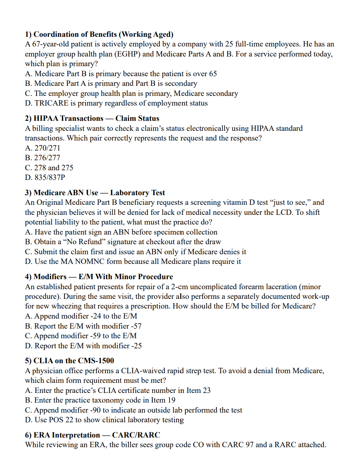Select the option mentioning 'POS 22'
click(x=104, y=420)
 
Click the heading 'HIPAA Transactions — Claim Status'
click(x=92, y=119)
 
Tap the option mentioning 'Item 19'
click(x=100, y=400)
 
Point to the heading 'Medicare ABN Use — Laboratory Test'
click(x=95, y=193)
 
